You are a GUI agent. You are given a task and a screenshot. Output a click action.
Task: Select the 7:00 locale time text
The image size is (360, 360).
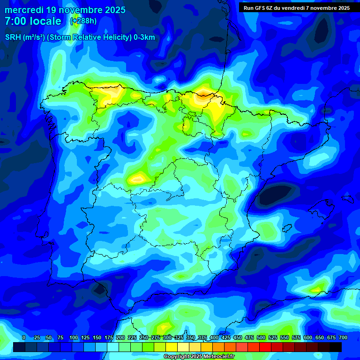click(x=33, y=21)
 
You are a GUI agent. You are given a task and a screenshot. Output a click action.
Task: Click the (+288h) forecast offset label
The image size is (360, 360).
click(x=83, y=21)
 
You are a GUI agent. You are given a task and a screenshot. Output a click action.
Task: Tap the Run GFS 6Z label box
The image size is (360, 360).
click(x=296, y=8)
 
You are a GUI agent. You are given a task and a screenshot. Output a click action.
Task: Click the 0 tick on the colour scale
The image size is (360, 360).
click(x=24, y=337)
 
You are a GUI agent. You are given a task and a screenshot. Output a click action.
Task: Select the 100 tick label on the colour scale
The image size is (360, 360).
click(x=74, y=337)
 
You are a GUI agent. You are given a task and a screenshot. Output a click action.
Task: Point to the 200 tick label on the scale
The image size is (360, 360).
click(x=120, y=337)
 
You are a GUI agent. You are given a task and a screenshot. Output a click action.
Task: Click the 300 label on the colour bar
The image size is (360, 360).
click(x=167, y=337)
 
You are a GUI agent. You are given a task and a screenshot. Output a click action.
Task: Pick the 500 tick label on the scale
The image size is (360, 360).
click(x=261, y=337)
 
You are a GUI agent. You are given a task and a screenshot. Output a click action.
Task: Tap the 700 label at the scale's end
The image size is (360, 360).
click(x=343, y=337)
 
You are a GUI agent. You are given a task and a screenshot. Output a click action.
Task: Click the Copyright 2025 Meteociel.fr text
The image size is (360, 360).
click(x=199, y=357)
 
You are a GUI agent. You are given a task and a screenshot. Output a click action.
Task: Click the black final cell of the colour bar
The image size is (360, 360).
click(x=335, y=347)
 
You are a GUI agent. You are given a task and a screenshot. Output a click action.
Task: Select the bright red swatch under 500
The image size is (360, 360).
click(x=265, y=347)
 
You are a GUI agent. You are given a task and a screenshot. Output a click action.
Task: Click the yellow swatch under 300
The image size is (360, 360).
click(x=171, y=347)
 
